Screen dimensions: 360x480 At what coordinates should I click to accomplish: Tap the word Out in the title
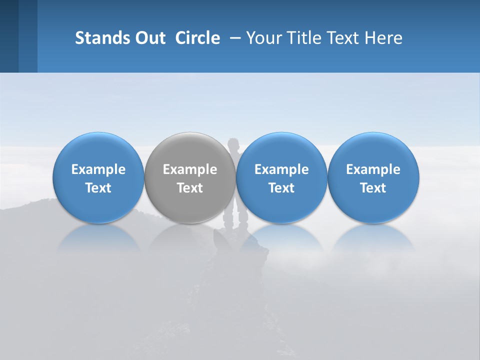coord(148,38)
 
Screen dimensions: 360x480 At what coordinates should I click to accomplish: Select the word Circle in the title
coord(197,38)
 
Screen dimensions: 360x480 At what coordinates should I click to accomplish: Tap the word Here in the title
coord(383,38)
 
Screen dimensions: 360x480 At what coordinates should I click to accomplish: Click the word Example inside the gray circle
coord(190,169)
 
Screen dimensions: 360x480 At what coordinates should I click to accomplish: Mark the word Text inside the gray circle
coord(190,188)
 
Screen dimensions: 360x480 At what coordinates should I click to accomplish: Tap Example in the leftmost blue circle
coord(98,169)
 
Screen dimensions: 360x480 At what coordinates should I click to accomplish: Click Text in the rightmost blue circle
coord(373,188)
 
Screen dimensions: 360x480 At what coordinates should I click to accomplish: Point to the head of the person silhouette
coord(233,145)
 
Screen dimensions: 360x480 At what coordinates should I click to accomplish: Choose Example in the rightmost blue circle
coord(373,169)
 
